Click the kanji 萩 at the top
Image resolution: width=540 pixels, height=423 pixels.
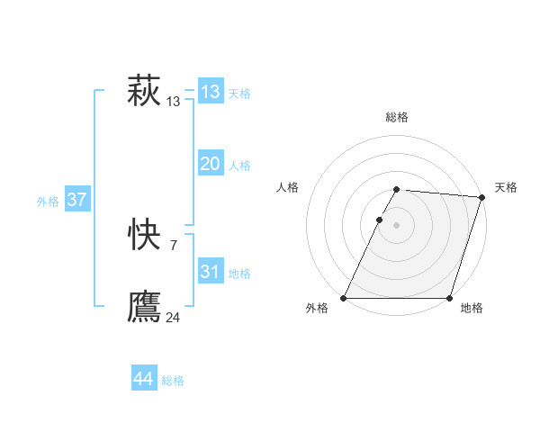[144, 92]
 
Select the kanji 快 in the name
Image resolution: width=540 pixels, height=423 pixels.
[144, 236]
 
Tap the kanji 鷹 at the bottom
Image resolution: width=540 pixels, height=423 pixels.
[144, 307]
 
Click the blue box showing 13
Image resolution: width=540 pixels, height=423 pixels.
[211, 92]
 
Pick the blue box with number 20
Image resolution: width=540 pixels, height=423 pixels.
[211, 164]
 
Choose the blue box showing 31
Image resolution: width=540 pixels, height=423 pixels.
[211, 272]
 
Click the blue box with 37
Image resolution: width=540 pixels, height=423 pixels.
[76, 200]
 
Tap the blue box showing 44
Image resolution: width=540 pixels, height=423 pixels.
[143, 379]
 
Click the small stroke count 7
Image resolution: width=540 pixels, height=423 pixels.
[173, 246]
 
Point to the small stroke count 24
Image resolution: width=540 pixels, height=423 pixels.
[173, 318]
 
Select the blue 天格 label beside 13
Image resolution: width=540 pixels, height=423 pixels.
[239, 94]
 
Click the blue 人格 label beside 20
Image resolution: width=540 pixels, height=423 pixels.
[239, 166]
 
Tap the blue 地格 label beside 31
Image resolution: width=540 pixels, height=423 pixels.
[239, 274]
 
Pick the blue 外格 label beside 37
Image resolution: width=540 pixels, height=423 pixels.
[48, 202]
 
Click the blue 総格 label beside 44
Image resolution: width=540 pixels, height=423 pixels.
[173, 381]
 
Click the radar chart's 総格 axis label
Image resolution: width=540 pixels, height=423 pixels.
[397, 117]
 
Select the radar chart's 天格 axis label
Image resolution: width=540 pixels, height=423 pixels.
[506, 187]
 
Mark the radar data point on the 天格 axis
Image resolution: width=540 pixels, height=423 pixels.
[481, 197]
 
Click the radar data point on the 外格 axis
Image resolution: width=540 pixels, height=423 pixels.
[344, 298]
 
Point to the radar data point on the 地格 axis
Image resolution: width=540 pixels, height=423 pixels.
[449, 298]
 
